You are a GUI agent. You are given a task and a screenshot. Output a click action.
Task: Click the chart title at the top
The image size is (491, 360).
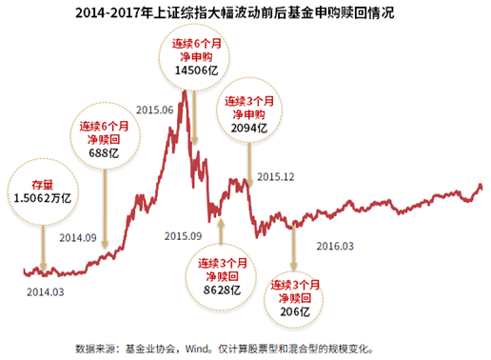click(245, 14)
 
